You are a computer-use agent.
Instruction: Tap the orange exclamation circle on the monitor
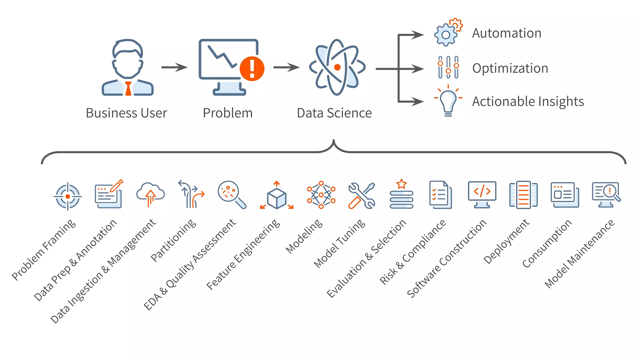click(252, 69)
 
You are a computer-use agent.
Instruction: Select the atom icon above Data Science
click(337, 67)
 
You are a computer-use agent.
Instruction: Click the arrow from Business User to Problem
click(174, 67)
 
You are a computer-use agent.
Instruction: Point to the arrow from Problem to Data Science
click(286, 67)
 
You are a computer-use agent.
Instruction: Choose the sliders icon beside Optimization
click(448, 67)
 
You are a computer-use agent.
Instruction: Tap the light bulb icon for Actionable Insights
click(448, 101)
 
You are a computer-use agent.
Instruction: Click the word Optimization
click(510, 68)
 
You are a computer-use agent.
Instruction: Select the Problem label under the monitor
click(227, 113)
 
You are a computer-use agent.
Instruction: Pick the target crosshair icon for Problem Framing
click(67, 197)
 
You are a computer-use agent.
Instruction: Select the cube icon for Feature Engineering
click(277, 197)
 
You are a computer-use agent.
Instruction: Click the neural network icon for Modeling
click(321, 194)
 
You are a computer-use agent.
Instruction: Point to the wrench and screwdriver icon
click(362, 196)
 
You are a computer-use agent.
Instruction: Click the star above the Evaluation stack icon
click(401, 184)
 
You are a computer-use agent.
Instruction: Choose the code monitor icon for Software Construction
click(482, 194)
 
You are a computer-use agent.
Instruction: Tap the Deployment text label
click(506, 241)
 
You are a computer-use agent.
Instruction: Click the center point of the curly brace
click(334, 142)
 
